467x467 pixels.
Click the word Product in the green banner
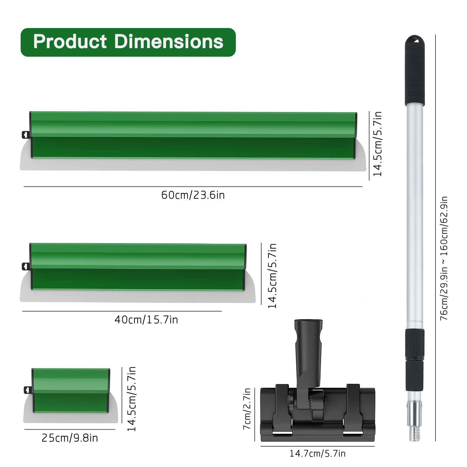click(70, 41)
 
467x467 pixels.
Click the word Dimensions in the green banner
click(169, 41)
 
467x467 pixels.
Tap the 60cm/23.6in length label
click(193, 195)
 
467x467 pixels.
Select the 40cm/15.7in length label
click(146, 320)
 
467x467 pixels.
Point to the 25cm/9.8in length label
click(70, 438)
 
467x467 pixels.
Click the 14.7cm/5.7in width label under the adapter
click(317, 454)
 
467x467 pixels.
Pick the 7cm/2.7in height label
click(247, 409)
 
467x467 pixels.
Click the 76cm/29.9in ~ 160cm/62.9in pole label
click(444, 258)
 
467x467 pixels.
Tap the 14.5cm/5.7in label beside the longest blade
click(377, 144)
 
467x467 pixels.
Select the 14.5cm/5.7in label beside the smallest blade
click(132, 399)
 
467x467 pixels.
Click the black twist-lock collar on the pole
click(414, 344)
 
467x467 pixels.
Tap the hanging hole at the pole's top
click(415, 39)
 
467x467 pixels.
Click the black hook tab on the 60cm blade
click(26, 135)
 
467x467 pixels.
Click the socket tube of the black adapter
click(308, 339)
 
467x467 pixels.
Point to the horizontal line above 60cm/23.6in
click(193, 187)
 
